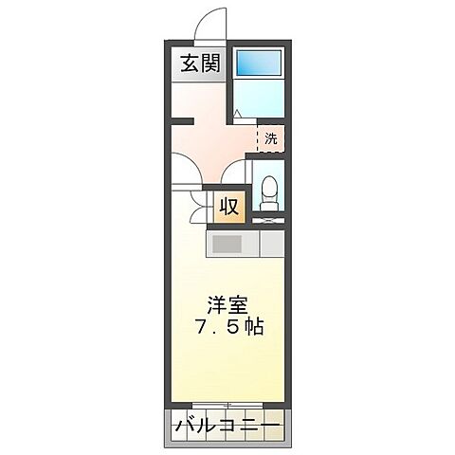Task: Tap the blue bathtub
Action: pyautogui.click(x=259, y=64)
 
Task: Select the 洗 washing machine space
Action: pyautogui.click(x=271, y=137)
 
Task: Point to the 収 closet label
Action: pyautogui.click(x=229, y=206)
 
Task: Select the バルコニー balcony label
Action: pyautogui.click(x=227, y=427)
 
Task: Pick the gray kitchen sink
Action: pyautogui.click(x=227, y=244)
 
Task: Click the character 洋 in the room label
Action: pyautogui.click(x=216, y=305)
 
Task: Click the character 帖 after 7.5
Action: pyautogui.click(x=253, y=328)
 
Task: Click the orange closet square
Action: pyautogui.click(x=229, y=206)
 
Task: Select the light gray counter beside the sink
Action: pyautogui.click(x=272, y=244)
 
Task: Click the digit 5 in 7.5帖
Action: pyautogui.click(x=230, y=328)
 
